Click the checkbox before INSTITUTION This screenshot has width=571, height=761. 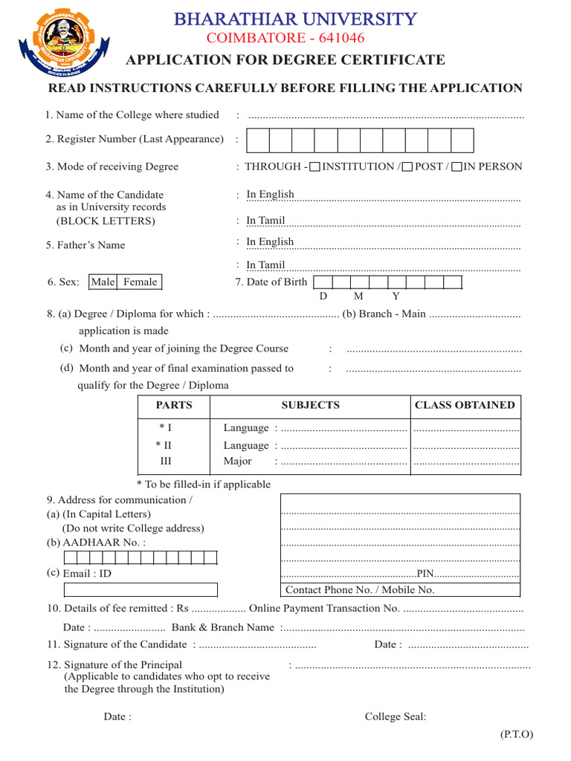314,167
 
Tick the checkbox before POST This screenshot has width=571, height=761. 407,167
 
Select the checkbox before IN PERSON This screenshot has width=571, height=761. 457,167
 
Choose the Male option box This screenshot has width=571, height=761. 103,282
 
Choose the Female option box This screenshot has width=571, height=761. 140,282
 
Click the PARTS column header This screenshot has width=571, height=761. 174,406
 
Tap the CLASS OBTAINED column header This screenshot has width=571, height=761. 465,406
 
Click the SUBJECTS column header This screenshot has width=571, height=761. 310,406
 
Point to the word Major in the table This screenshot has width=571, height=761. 237,462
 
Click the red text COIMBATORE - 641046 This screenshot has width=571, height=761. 285,39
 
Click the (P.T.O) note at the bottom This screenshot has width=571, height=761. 516,734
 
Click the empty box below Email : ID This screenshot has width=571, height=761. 141,589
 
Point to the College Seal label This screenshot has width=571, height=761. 396,716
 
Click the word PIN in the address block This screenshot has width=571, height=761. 425,573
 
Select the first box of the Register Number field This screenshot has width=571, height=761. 257,140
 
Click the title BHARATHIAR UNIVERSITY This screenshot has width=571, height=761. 295,19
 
